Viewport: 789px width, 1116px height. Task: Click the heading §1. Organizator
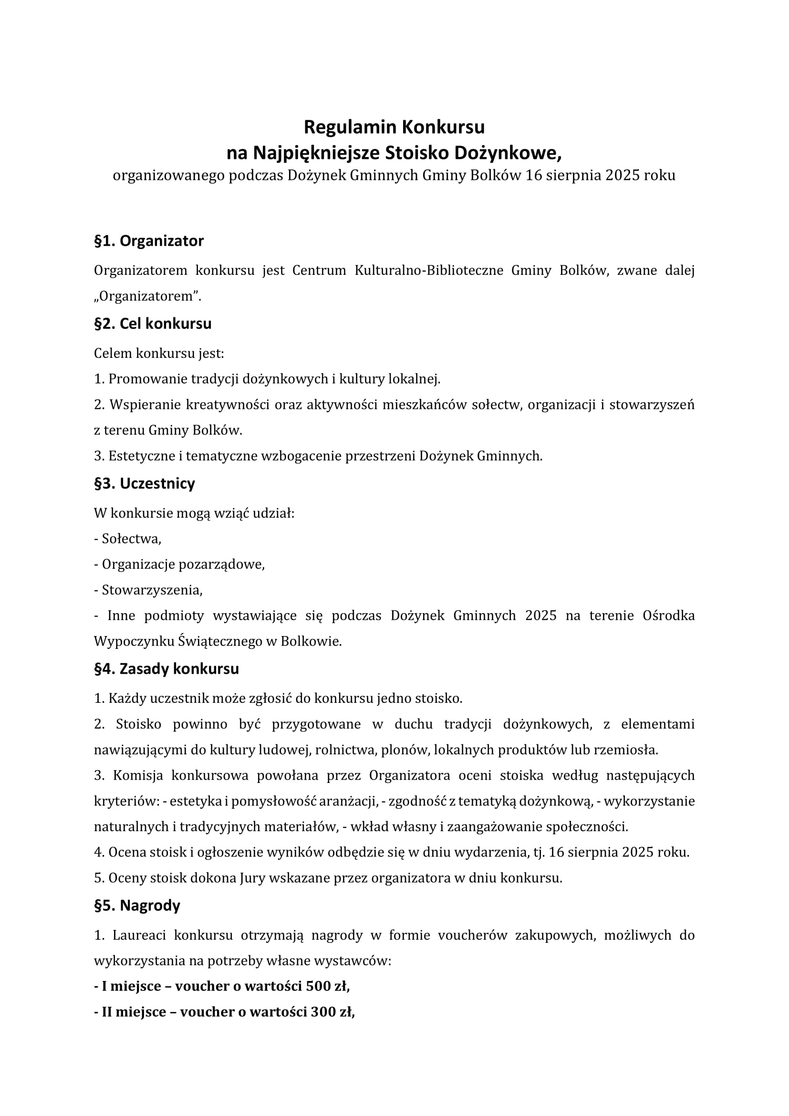[149, 241]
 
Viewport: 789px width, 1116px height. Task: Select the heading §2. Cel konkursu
[153, 323]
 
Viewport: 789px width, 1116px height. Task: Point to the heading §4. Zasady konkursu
[166, 669]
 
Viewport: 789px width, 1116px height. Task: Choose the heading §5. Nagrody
[137, 906]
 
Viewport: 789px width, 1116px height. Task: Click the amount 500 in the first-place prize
[318, 986]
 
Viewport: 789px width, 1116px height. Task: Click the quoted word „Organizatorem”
[147, 296]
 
